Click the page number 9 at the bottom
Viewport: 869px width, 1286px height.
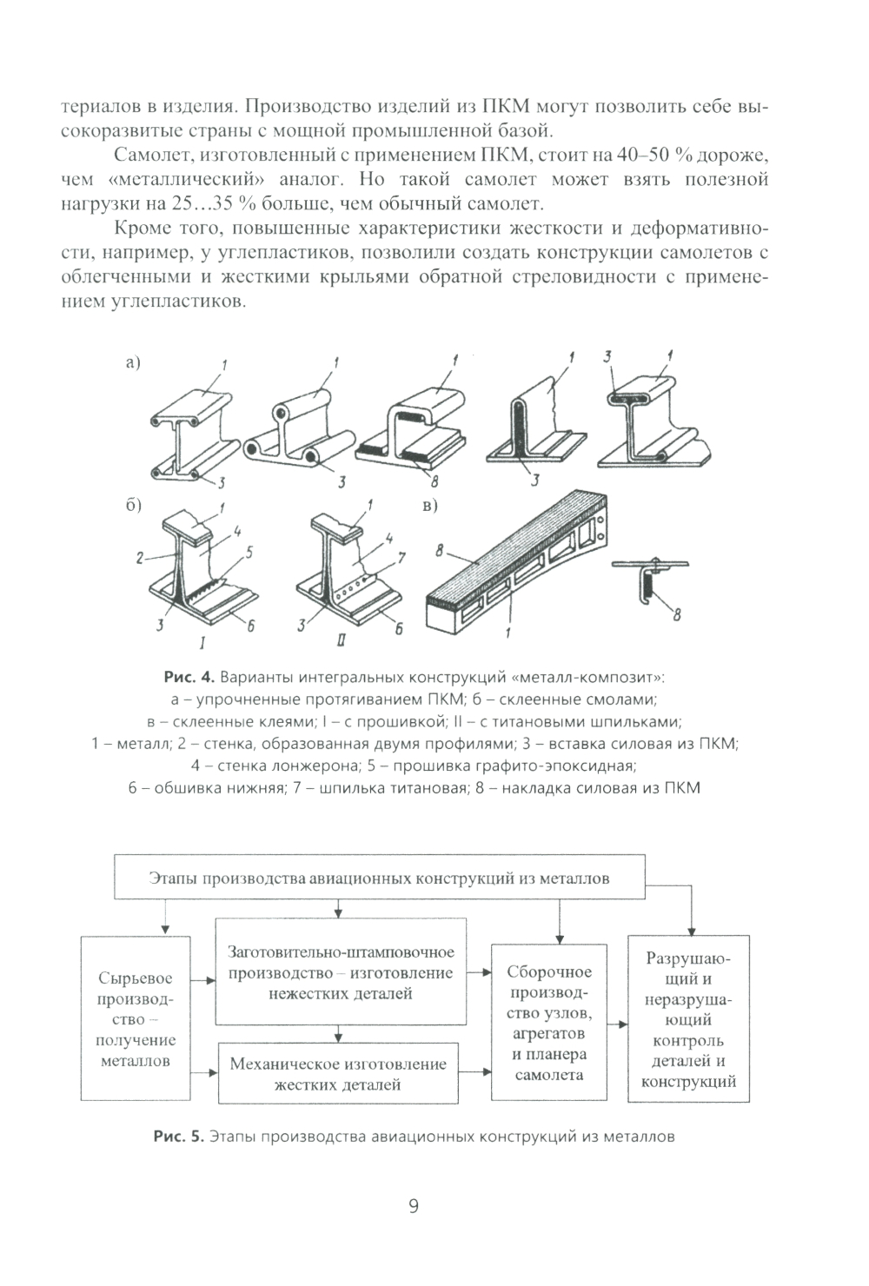(x=414, y=1206)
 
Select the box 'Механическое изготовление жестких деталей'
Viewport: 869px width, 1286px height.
(x=338, y=1074)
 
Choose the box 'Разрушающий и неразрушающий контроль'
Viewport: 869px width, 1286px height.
(x=688, y=1019)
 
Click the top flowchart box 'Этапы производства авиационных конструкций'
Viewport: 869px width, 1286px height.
(x=380, y=877)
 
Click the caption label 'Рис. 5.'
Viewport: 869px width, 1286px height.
(x=177, y=1136)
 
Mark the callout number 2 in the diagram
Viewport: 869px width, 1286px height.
(x=139, y=559)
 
